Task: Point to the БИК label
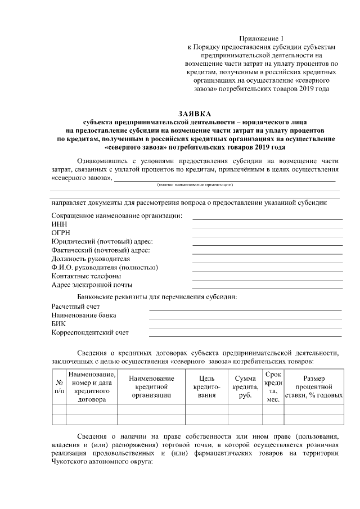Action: click(x=58, y=323)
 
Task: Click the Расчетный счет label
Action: click(x=75, y=306)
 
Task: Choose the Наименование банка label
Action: click(x=80, y=315)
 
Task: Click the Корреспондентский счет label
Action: click(x=89, y=332)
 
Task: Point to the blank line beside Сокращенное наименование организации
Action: click(x=267, y=218)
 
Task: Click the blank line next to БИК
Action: click(x=245, y=327)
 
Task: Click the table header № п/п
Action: click(x=58, y=385)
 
